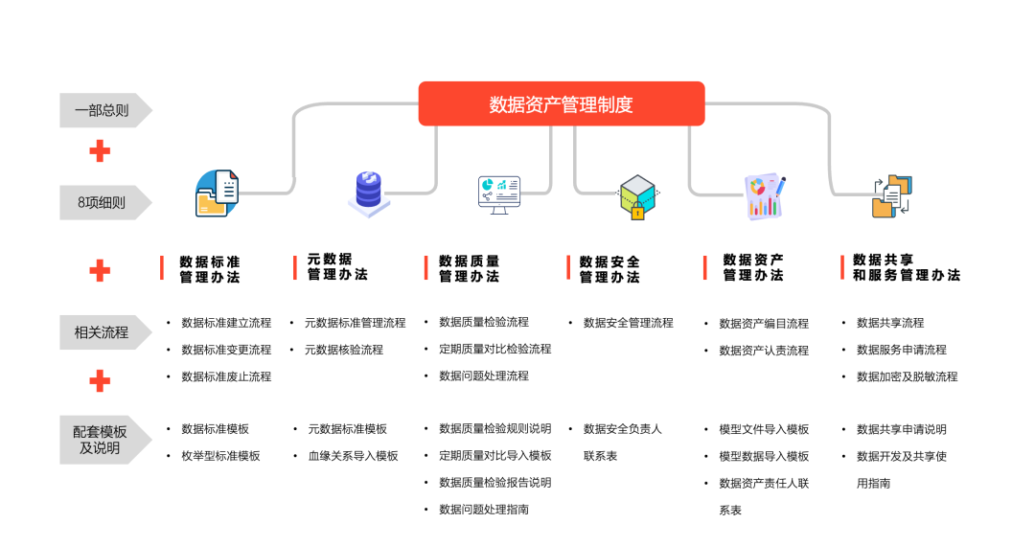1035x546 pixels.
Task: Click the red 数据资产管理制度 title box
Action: pos(562,103)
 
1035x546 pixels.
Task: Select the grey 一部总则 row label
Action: pos(103,110)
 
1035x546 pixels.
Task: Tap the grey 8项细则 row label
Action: pos(103,202)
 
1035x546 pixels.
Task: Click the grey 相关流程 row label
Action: pos(103,332)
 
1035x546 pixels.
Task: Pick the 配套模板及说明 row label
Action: pos(103,440)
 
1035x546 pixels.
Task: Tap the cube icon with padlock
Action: pos(636,196)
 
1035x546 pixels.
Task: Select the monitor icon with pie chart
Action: pos(499,193)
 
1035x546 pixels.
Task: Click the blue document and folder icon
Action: pos(217,193)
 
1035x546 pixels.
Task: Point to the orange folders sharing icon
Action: pos(891,195)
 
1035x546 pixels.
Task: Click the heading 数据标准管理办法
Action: pos(209,269)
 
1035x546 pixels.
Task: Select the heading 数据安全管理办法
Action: pos(609,269)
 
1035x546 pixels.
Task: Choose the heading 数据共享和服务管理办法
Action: pos(906,267)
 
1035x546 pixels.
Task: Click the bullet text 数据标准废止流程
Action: pos(226,376)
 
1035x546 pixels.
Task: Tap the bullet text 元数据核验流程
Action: pos(344,350)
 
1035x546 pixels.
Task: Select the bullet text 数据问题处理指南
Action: pos(484,510)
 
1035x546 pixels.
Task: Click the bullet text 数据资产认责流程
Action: pos(764,351)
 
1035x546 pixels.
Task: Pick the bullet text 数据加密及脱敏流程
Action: pos(907,376)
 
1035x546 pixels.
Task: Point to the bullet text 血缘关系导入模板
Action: pos(353,456)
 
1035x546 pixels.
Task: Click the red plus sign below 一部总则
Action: pos(100,151)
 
